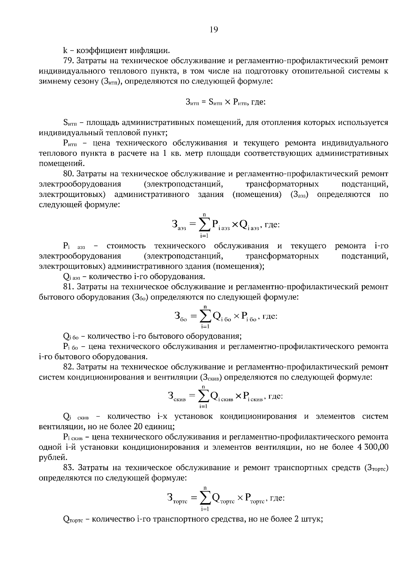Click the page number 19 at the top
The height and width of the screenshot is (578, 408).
coord(214,30)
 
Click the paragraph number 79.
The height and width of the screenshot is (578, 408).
coord(69,61)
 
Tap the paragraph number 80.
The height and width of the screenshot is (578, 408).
coord(69,174)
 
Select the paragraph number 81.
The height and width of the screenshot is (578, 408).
coord(68,287)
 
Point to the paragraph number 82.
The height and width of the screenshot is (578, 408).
coord(69,367)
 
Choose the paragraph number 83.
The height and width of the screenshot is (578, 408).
coord(69,468)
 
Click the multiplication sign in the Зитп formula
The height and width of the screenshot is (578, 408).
coord(227,102)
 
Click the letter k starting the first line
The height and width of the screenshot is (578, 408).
coord(65,51)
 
